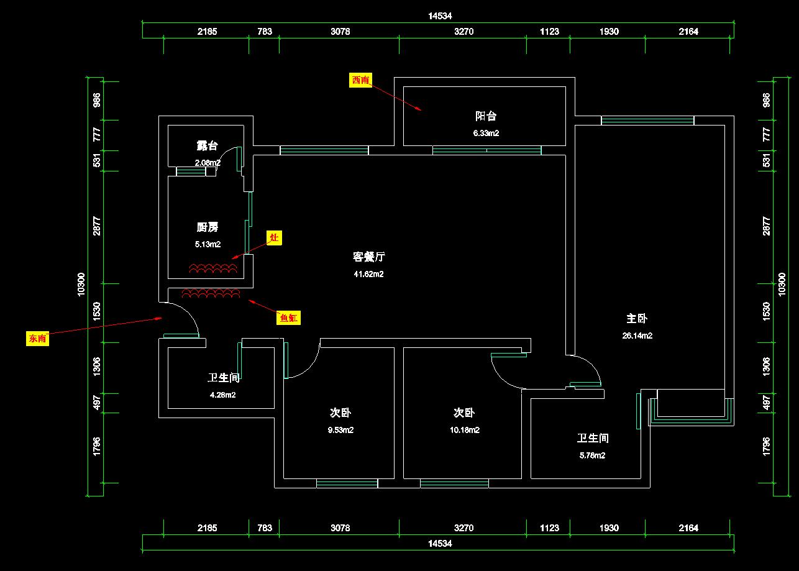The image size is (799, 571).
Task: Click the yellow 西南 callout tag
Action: [360, 80]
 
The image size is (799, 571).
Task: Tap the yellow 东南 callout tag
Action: [37, 338]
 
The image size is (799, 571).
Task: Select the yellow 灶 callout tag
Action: [274, 237]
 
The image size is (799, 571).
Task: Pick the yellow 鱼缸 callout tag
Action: [288, 317]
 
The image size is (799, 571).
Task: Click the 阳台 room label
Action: [486, 116]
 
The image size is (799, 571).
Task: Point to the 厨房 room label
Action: [208, 227]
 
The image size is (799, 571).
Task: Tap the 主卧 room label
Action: [637, 319]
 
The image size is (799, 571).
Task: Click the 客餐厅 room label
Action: [369, 257]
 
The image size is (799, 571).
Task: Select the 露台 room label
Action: [208, 145]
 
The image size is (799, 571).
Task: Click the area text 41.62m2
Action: [368, 274]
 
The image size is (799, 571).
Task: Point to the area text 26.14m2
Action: [637, 336]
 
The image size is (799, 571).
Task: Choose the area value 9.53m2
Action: [340, 430]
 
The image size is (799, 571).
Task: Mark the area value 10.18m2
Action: [464, 430]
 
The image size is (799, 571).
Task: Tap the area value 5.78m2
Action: [592, 455]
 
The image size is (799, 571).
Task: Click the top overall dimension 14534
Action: [440, 16]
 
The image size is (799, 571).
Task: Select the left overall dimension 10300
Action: [81, 284]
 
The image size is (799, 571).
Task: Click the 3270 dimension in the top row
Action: [463, 32]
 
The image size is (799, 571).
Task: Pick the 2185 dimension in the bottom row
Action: [208, 528]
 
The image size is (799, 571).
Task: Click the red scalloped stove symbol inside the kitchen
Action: [213, 268]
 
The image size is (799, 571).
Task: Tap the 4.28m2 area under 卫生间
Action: [222, 395]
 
